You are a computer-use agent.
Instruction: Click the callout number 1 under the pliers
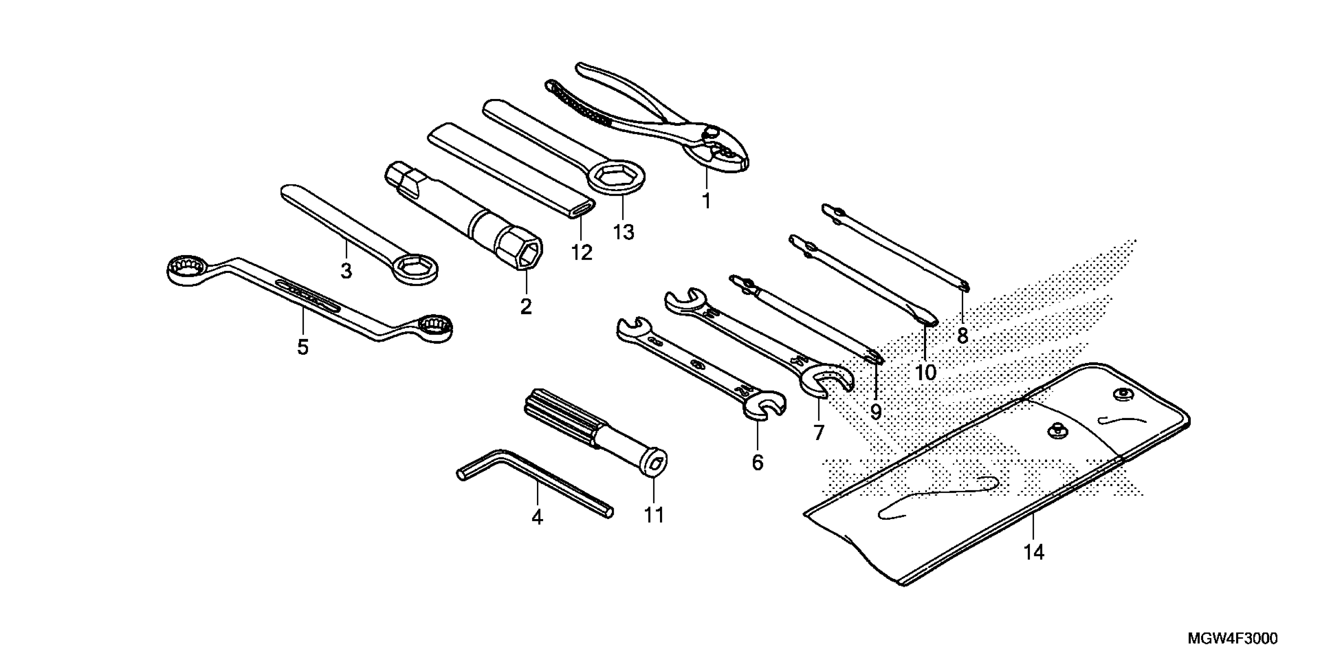[706, 201]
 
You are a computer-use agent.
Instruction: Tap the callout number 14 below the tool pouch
[1033, 552]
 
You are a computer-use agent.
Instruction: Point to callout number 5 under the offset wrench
[303, 347]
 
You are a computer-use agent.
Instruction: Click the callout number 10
[926, 373]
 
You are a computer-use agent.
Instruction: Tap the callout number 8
[962, 336]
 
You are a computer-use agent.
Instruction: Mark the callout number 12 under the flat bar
[582, 253]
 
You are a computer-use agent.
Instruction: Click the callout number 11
[654, 515]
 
